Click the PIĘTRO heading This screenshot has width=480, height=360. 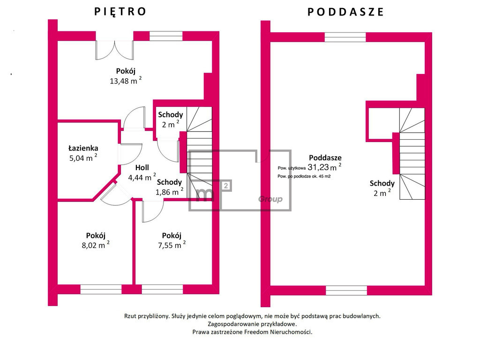click(120, 12)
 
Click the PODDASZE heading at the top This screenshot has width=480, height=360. click(345, 12)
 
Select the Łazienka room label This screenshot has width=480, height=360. click(83, 148)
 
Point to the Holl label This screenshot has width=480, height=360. click(142, 167)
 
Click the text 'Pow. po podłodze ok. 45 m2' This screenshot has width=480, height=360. click(304, 176)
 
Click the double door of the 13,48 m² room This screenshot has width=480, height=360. click(115, 50)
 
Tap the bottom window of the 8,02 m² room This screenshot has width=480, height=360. click(101, 289)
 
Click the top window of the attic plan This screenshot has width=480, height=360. click(345, 37)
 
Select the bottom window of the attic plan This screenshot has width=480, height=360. click(346, 291)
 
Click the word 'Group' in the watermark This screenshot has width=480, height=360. click(270, 199)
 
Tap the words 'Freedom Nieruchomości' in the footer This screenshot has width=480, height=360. click(277, 332)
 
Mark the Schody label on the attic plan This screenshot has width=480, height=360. click(382, 183)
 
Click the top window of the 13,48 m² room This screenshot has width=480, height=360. click(166, 36)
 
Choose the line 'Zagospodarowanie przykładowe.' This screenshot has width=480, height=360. click(252, 324)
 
